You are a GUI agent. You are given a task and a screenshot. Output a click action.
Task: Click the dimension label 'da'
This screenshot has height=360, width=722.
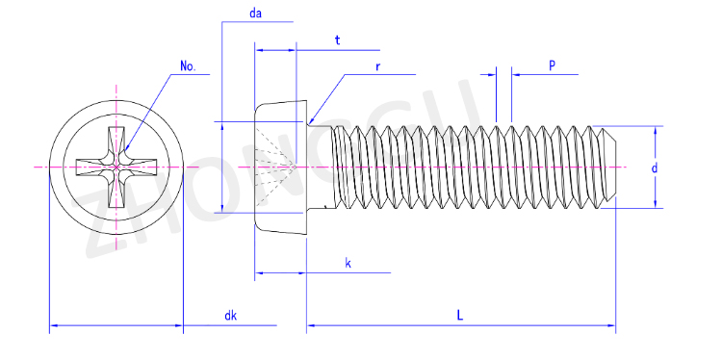(x=255, y=13)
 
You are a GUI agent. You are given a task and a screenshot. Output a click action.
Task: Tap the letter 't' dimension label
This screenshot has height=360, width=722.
(x=338, y=40)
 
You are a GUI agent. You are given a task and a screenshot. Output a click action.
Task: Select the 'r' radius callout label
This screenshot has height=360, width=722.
(x=377, y=66)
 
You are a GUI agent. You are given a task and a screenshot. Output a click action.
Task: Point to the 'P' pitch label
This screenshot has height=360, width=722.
(x=552, y=65)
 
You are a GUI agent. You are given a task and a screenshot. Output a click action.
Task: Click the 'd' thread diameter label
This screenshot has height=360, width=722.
(x=654, y=168)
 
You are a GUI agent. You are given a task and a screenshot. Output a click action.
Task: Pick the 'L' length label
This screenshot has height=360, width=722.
(x=459, y=316)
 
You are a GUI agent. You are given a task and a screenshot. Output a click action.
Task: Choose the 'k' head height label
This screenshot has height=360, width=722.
(x=348, y=264)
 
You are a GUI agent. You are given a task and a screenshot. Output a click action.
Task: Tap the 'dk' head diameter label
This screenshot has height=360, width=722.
(x=230, y=316)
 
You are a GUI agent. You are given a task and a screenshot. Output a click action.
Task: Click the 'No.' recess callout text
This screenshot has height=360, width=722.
(x=188, y=66)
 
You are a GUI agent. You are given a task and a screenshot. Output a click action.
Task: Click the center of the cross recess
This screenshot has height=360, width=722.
(x=116, y=167)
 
